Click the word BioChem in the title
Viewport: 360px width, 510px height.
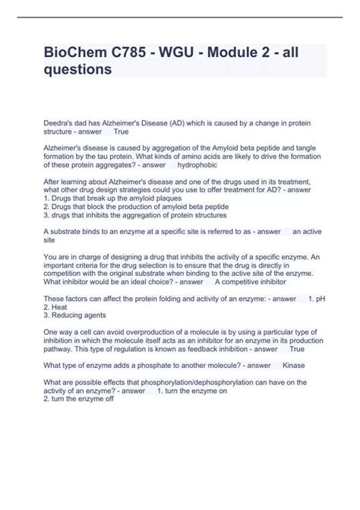click(81, 53)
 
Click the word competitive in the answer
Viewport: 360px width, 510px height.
click(242, 281)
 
